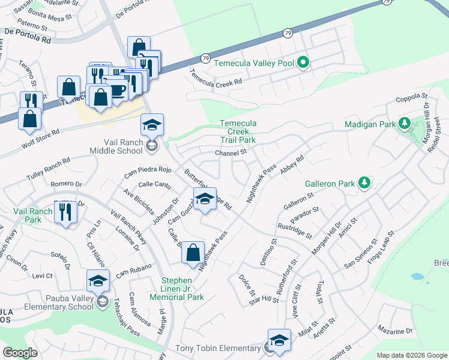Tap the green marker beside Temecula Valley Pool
[303, 62]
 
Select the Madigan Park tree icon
[405, 124]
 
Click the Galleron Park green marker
[363, 182]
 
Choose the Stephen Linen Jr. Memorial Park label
[184, 289]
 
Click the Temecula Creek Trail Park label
[238, 131]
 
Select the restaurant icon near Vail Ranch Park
[65, 212]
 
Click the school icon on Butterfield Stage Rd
[205, 199]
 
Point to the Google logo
[20, 353]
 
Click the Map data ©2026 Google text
[411, 355]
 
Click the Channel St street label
[231, 153]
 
